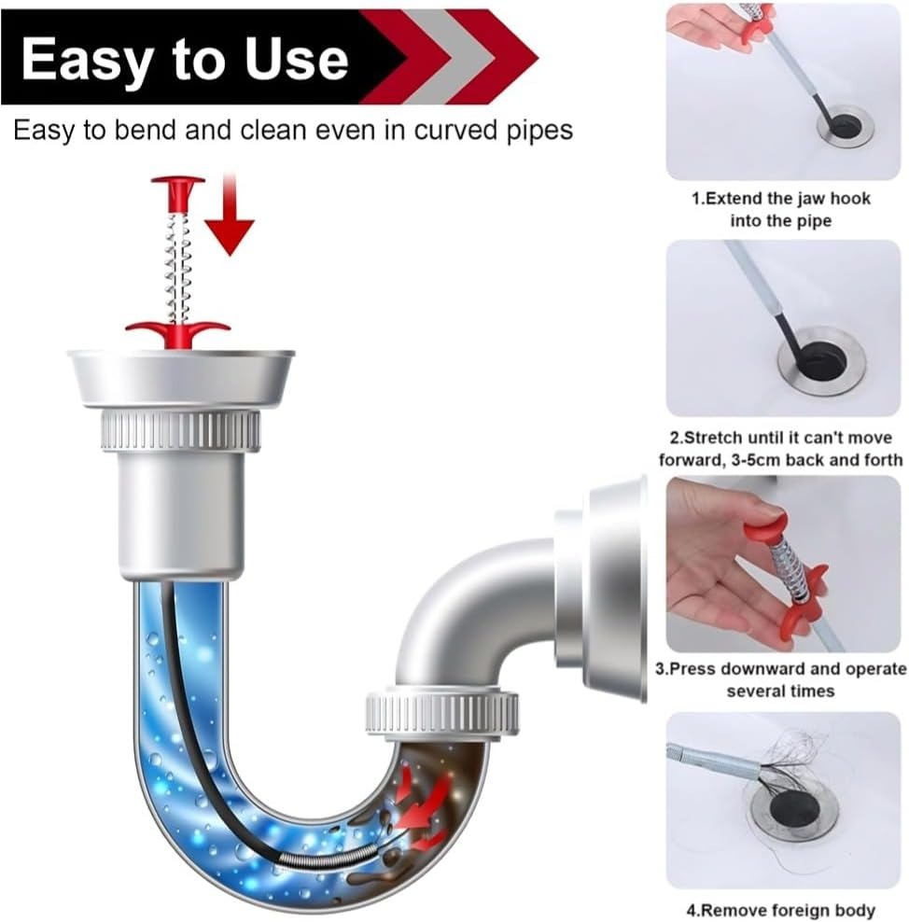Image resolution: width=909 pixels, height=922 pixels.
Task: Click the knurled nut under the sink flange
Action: (x=180, y=430)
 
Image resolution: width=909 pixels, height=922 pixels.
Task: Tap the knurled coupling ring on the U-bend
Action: (x=441, y=713)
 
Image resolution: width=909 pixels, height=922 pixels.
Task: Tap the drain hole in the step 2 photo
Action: (x=821, y=359)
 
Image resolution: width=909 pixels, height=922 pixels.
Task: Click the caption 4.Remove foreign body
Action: (x=780, y=909)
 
